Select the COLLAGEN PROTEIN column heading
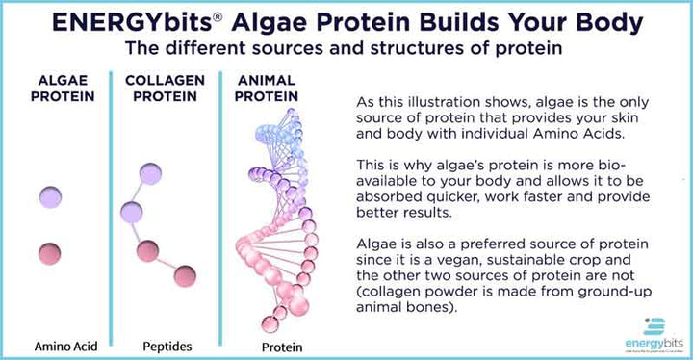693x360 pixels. (x=158, y=90)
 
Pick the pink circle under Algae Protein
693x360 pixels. (x=50, y=255)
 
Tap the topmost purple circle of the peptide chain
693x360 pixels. (x=151, y=174)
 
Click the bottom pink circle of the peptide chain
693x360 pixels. (x=184, y=276)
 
